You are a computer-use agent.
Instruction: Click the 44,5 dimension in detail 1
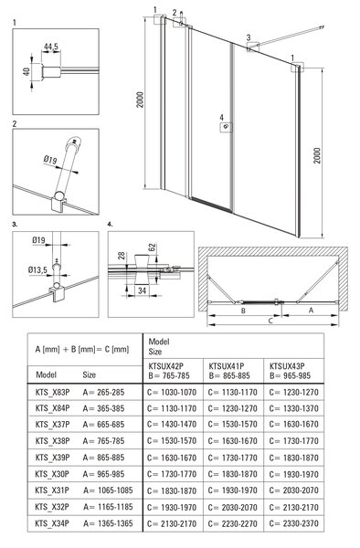click(51, 47)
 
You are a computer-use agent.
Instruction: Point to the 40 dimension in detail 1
click(26, 72)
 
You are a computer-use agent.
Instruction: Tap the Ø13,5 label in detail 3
click(37, 270)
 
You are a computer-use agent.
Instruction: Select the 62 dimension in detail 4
click(152, 248)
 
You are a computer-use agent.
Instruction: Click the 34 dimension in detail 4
click(142, 290)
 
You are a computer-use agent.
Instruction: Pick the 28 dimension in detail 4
click(122, 256)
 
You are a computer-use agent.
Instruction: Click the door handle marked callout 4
click(226, 127)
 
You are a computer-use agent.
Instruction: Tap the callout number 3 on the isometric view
click(249, 37)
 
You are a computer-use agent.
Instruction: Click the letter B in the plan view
click(244, 311)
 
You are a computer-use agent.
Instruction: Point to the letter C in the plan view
click(270, 321)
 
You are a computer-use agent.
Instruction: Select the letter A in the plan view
click(311, 310)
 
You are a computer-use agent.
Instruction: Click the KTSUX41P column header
click(227, 366)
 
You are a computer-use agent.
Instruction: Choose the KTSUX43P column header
click(287, 366)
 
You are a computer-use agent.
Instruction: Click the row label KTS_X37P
click(52, 425)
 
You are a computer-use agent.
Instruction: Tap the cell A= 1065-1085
click(108, 490)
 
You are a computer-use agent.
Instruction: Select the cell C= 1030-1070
click(172, 392)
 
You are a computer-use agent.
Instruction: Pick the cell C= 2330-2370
click(294, 523)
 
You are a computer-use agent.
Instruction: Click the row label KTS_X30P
click(52, 474)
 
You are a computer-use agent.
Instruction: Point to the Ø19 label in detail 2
click(50, 160)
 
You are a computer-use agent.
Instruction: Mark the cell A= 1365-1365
click(108, 523)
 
